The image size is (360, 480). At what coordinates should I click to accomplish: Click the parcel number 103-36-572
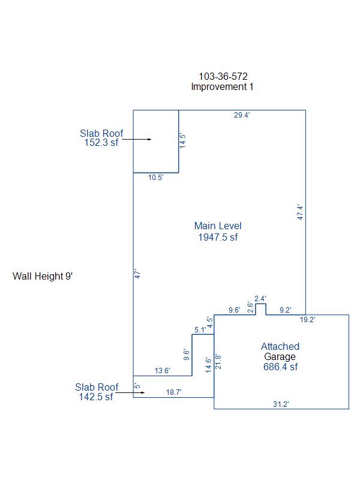(x=223, y=76)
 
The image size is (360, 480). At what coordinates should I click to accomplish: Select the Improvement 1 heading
(x=222, y=86)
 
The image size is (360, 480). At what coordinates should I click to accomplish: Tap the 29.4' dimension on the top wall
(x=242, y=115)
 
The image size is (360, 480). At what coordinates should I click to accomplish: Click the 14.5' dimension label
(x=184, y=140)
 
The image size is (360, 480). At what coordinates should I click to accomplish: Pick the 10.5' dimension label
(x=156, y=178)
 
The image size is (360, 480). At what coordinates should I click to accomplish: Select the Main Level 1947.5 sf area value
(x=218, y=237)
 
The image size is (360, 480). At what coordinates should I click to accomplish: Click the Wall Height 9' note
(x=43, y=277)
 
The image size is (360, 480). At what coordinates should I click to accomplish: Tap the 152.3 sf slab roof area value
(x=101, y=143)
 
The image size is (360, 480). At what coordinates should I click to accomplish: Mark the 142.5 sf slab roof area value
(x=96, y=397)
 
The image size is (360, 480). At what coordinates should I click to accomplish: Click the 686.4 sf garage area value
(x=280, y=367)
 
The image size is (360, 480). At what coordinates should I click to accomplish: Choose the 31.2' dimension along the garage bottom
(x=281, y=404)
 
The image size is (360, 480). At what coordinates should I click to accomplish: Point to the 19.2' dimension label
(x=308, y=320)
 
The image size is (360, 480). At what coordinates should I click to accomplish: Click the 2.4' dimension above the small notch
(x=260, y=298)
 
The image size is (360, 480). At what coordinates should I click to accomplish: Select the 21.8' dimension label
(x=218, y=362)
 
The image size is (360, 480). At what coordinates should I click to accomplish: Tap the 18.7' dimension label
(x=173, y=392)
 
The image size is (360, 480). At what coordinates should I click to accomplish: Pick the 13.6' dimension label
(x=163, y=371)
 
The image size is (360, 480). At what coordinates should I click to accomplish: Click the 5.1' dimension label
(x=200, y=330)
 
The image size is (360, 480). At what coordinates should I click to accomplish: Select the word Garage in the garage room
(x=280, y=356)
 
